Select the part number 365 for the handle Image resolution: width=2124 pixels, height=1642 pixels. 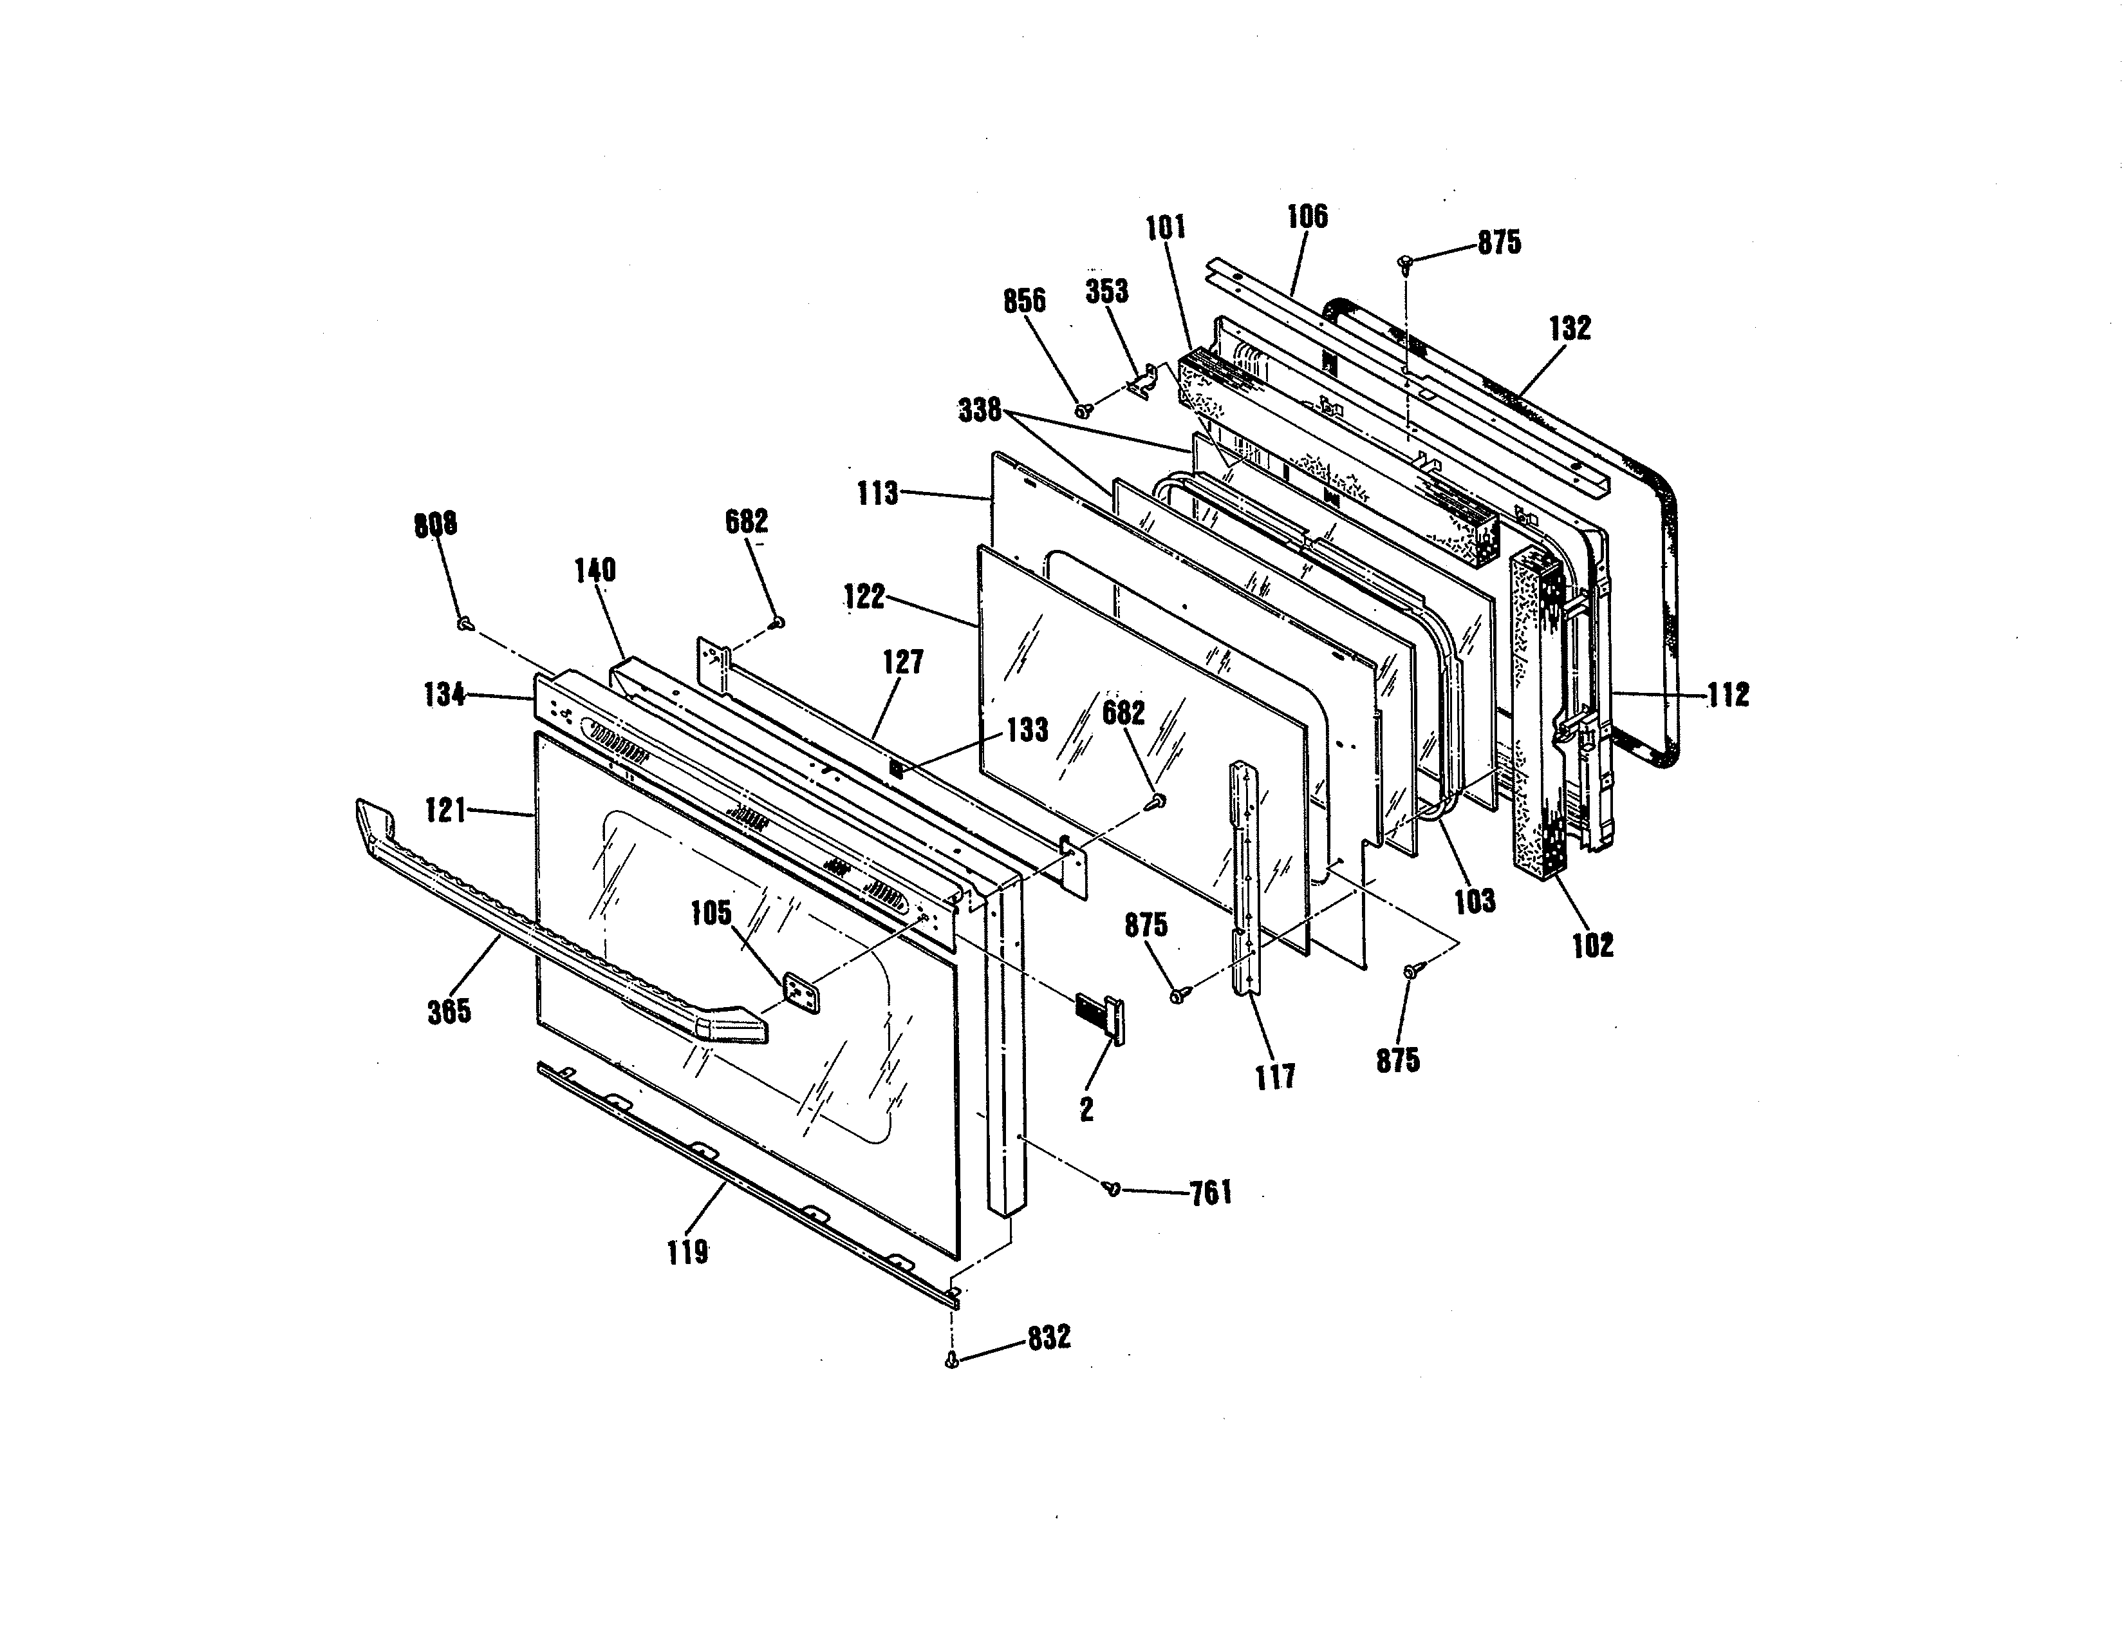click(x=449, y=1011)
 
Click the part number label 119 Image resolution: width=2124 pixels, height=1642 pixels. click(x=687, y=1252)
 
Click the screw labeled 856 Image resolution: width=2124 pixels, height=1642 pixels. click(x=1081, y=411)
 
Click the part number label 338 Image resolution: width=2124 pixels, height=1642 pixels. click(x=980, y=411)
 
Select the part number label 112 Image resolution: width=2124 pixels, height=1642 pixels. click(x=1728, y=695)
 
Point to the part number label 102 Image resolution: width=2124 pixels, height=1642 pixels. click(x=1593, y=945)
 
